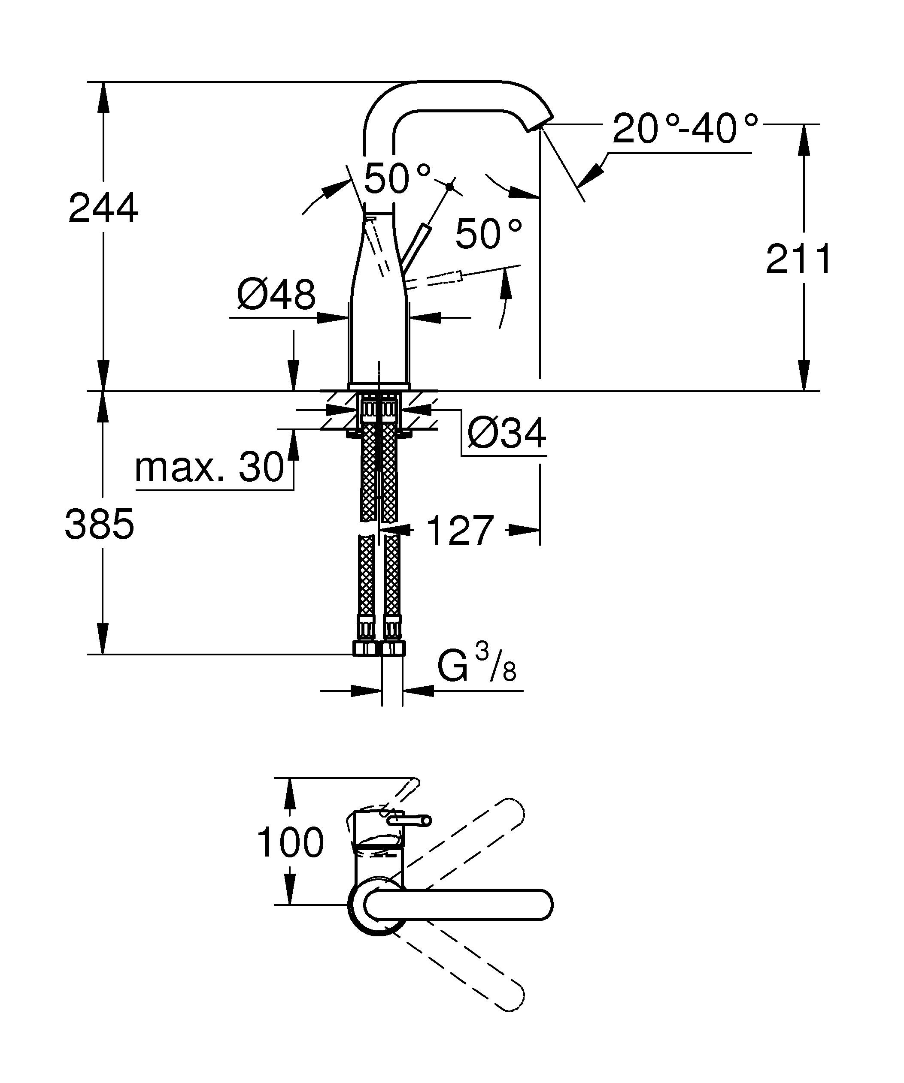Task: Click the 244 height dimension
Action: pyautogui.click(x=103, y=208)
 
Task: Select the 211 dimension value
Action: pyautogui.click(x=798, y=259)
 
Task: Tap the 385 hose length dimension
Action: pyautogui.click(x=100, y=525)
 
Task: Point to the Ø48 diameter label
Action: pyautogui.click(x=276, y=295)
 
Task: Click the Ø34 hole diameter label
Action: pyautogui.click(x=506, y=434)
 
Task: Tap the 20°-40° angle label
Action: pyautogui.click(x=685, y=129)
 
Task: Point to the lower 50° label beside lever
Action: pyautogui.click(x=488, y=234)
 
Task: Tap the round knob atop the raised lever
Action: pyautogui.click(x=450, y=186)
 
